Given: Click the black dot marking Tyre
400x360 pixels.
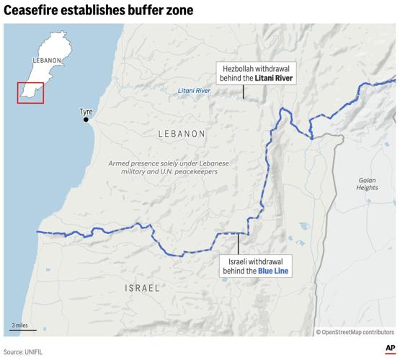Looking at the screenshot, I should pos(86,120).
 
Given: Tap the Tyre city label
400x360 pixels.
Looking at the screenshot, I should pos(86,112).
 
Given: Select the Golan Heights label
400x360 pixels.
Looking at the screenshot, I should pos(367,184).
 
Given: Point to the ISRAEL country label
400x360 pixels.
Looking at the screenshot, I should pos(142,288).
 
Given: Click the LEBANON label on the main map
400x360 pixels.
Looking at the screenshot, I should pos(182,134).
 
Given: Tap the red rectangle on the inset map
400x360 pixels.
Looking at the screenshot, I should pos(31,93).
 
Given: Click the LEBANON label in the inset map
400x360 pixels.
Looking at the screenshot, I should pos(45,61).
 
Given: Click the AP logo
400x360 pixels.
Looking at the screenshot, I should pos(389,350).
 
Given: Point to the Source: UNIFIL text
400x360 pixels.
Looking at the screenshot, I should pos(25,351).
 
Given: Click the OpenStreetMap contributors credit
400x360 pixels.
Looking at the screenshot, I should pos(355,332).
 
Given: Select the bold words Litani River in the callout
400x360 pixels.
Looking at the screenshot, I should pos(275,78).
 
